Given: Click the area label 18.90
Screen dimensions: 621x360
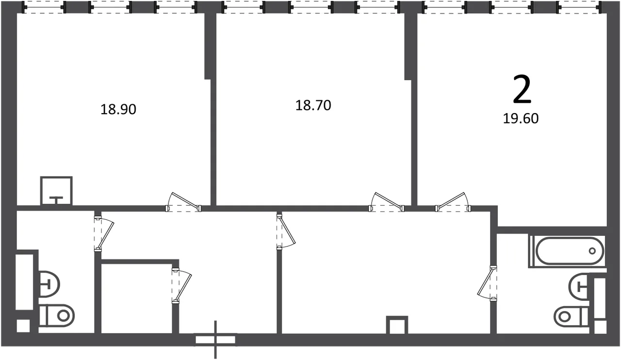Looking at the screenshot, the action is [x=118, y=109].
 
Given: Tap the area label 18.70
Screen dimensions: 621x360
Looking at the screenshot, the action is [x=313, y=105].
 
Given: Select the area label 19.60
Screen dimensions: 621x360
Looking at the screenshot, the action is [x=521, y=118].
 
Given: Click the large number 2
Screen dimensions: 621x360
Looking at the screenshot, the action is [x=522, y=89].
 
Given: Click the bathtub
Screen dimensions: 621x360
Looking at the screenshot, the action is [x=567, y=251].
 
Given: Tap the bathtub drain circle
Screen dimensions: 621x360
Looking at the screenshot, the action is [x=592, y=251].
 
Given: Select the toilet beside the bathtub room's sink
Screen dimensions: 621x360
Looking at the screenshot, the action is [x=571, y=316].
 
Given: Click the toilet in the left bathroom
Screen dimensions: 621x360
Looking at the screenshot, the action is [x=57, y=316].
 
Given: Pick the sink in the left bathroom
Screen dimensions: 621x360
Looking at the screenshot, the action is [x=49, y=284].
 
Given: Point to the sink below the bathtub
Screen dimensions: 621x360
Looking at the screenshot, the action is [x=578, y=286].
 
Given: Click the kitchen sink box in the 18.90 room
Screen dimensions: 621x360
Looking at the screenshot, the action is [x=56, y=191].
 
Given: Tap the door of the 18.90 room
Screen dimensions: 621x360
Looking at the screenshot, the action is [x=183, y=202].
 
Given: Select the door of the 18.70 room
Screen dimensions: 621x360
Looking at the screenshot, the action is [x=387, y=202].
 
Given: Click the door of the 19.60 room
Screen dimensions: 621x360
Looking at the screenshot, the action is [x=453, y=202].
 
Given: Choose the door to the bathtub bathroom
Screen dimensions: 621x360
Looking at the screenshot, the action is [x=487, y=283].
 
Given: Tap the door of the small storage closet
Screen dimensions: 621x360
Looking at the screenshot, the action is [x=182, y=286].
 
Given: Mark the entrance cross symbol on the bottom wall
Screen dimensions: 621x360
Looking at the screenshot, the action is [x=215, y=340].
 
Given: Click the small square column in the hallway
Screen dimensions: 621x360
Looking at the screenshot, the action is [x=397, y=325].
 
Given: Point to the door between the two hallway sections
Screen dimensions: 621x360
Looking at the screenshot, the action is [x=286, y=231].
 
